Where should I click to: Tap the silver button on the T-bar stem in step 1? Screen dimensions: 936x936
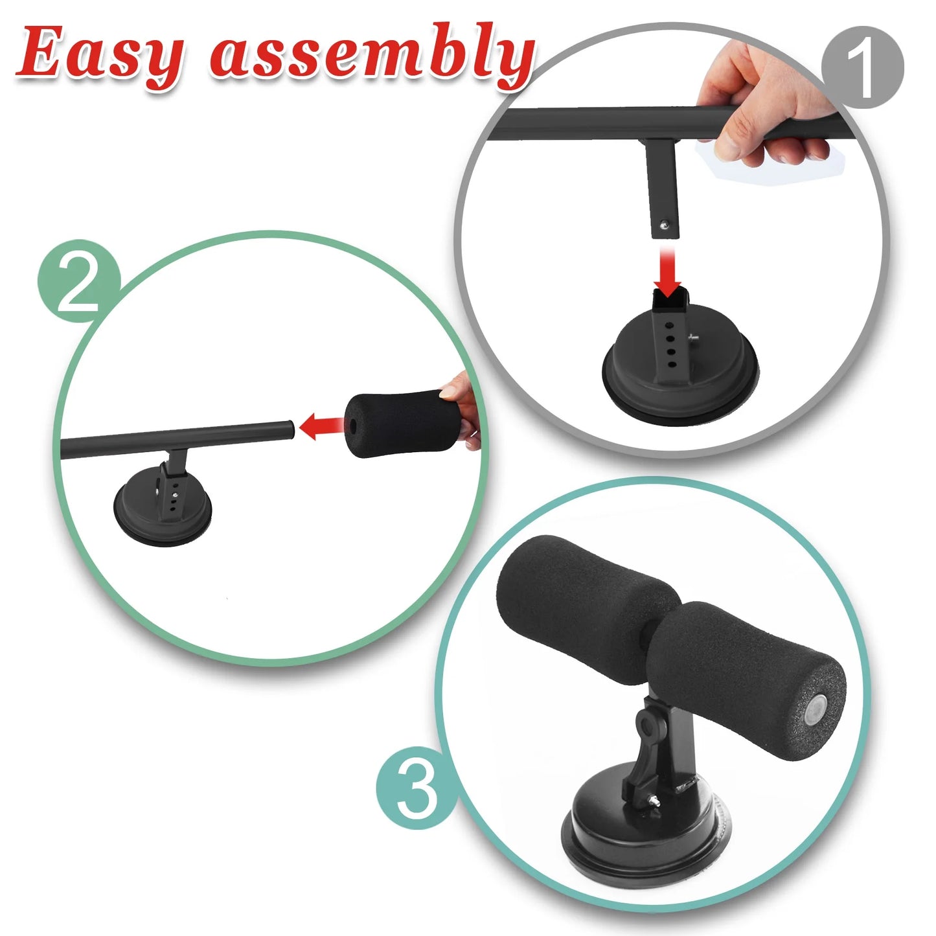coord(663,225)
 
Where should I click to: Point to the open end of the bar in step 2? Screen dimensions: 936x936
coord(289,429)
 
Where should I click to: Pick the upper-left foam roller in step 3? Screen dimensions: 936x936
coord(576,602)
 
